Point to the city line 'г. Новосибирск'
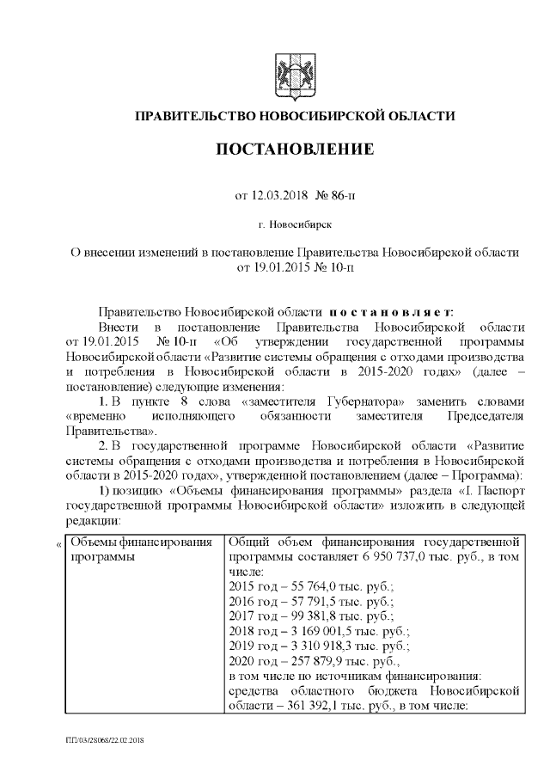tap(294, 224)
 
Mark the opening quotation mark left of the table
tap(58, 544)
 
